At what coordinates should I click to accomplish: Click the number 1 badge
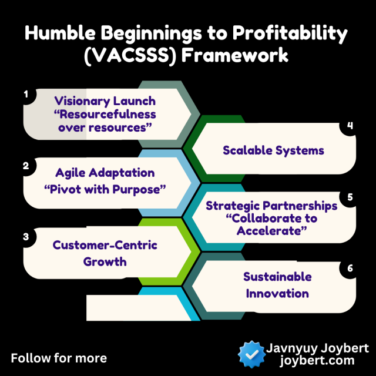pos(26,94)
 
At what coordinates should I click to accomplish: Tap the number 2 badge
pos(26,166)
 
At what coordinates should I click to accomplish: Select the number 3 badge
pos(26,237)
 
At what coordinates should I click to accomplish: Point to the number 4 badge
pos(350,125)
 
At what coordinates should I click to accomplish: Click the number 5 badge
pos(350,197)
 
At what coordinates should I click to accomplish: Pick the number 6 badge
pos(350,268)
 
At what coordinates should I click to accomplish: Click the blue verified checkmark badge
pos(251,354)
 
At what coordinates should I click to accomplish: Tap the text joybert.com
pos(317,360)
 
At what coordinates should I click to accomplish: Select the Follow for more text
pos(59,358)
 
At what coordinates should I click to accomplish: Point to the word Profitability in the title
pos(290,33)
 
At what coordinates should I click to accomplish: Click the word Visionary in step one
pos(81,101)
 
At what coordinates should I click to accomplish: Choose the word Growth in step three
pos(105,261)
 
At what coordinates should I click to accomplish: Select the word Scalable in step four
pos(247,150)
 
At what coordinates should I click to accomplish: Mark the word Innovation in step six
pos(277,294)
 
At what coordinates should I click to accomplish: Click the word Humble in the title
pos(60,33)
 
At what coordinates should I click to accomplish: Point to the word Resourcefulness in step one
pos(105,114)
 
